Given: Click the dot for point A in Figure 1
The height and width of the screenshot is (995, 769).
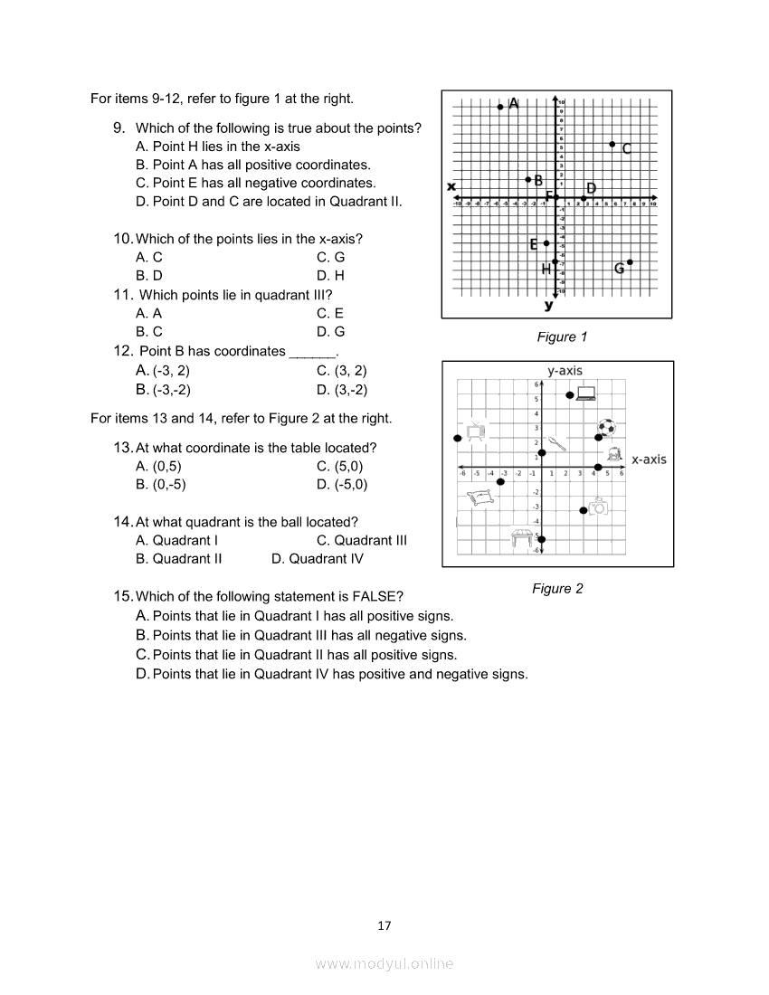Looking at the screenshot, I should tap(500, 107).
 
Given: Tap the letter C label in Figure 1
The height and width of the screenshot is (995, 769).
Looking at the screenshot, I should tap(626, 148).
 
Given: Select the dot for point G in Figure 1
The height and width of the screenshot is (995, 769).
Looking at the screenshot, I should tap(630, 262).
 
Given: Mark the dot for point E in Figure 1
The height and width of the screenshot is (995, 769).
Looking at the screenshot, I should tap(546, 243).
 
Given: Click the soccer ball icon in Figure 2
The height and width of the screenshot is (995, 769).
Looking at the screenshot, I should tap(606, 426).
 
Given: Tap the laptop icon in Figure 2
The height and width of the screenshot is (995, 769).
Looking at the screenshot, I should tap(586, 393).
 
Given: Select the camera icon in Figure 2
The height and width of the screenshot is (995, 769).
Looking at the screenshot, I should tap(598, 507).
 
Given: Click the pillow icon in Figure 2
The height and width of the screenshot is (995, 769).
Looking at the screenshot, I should tap(479, 495).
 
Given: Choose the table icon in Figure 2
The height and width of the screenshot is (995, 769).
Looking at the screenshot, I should tap(522, 537).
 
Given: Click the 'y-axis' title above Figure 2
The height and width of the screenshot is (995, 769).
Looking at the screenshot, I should tap(565, 370).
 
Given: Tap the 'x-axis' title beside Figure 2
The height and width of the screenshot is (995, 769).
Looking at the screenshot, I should tap(649, 460).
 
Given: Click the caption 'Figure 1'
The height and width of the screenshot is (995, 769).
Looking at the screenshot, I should tap(562, 337).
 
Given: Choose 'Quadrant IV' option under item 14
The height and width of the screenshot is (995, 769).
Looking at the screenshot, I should tap(326, 559).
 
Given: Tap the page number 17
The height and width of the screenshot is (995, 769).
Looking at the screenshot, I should tap(384, 925).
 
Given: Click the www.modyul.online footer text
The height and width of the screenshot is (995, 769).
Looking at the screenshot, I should tap(384, 964).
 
